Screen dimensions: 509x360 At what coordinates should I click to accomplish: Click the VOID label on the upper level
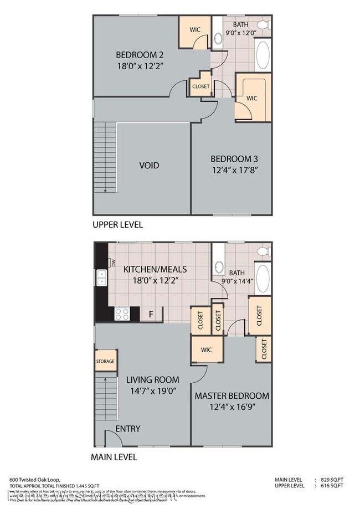(148, 166)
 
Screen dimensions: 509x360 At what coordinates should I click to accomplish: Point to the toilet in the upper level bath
(266, 24)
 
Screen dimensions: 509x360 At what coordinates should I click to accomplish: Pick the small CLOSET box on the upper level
(200, 86)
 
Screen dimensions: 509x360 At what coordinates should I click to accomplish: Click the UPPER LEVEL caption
(117, 225)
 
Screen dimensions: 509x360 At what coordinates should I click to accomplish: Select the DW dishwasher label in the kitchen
(113, 264)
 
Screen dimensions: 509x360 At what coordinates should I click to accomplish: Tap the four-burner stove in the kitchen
(121, 314)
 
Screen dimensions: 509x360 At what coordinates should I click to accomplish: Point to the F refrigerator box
(150, 315)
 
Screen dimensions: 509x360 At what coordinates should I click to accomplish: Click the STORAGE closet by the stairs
(105, 361)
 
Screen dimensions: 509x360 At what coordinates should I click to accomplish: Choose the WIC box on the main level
(205, 349)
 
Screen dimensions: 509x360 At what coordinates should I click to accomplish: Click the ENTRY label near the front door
(127, 429)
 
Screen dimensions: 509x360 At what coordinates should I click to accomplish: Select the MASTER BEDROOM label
(232, 396)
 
